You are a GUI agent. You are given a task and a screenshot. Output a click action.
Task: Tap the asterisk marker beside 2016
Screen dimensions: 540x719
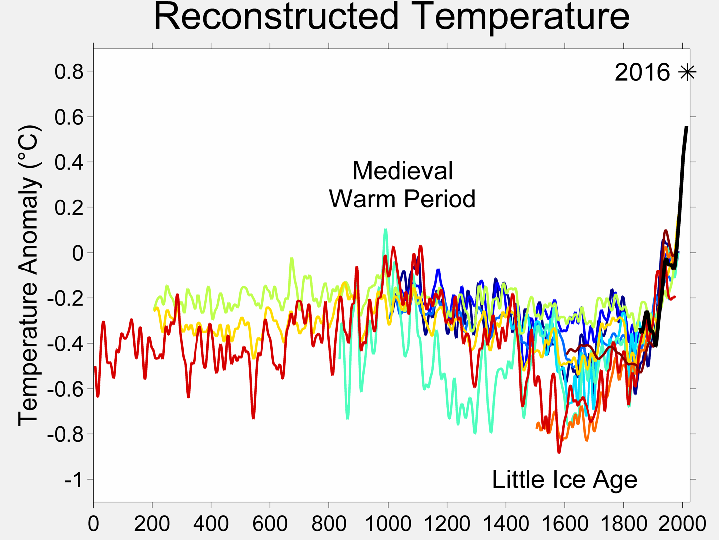click(687, 72)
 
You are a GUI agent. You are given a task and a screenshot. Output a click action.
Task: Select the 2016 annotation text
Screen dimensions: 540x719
click(642, 72)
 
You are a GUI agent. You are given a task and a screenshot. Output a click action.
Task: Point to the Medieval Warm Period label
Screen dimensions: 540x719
click(402, 185)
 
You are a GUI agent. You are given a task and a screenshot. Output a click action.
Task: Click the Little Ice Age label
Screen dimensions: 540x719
click(564, 479)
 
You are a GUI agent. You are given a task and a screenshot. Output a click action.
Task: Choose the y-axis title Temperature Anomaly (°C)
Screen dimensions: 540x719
click(28, 275)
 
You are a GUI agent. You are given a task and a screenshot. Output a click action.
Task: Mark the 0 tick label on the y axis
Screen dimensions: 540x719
click(78, 253)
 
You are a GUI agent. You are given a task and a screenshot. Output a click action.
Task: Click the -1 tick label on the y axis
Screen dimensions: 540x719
click(73, 480)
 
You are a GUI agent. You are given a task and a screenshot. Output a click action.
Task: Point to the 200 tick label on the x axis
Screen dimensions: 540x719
click(152, 523)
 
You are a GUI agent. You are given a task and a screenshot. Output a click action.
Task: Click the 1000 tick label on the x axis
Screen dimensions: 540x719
click(388, 523)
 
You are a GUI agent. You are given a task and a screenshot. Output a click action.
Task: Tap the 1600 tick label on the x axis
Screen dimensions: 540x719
click(564, 523)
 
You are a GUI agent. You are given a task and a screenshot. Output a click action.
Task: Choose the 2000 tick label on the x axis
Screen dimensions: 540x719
click(682, 523)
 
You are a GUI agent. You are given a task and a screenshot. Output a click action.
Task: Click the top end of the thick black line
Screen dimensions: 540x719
click(686, 128)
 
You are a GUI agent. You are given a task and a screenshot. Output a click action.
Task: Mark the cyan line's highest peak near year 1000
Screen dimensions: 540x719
click(385, 230)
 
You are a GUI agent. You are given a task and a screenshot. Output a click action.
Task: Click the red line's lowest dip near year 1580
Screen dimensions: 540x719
click(559, 452)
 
